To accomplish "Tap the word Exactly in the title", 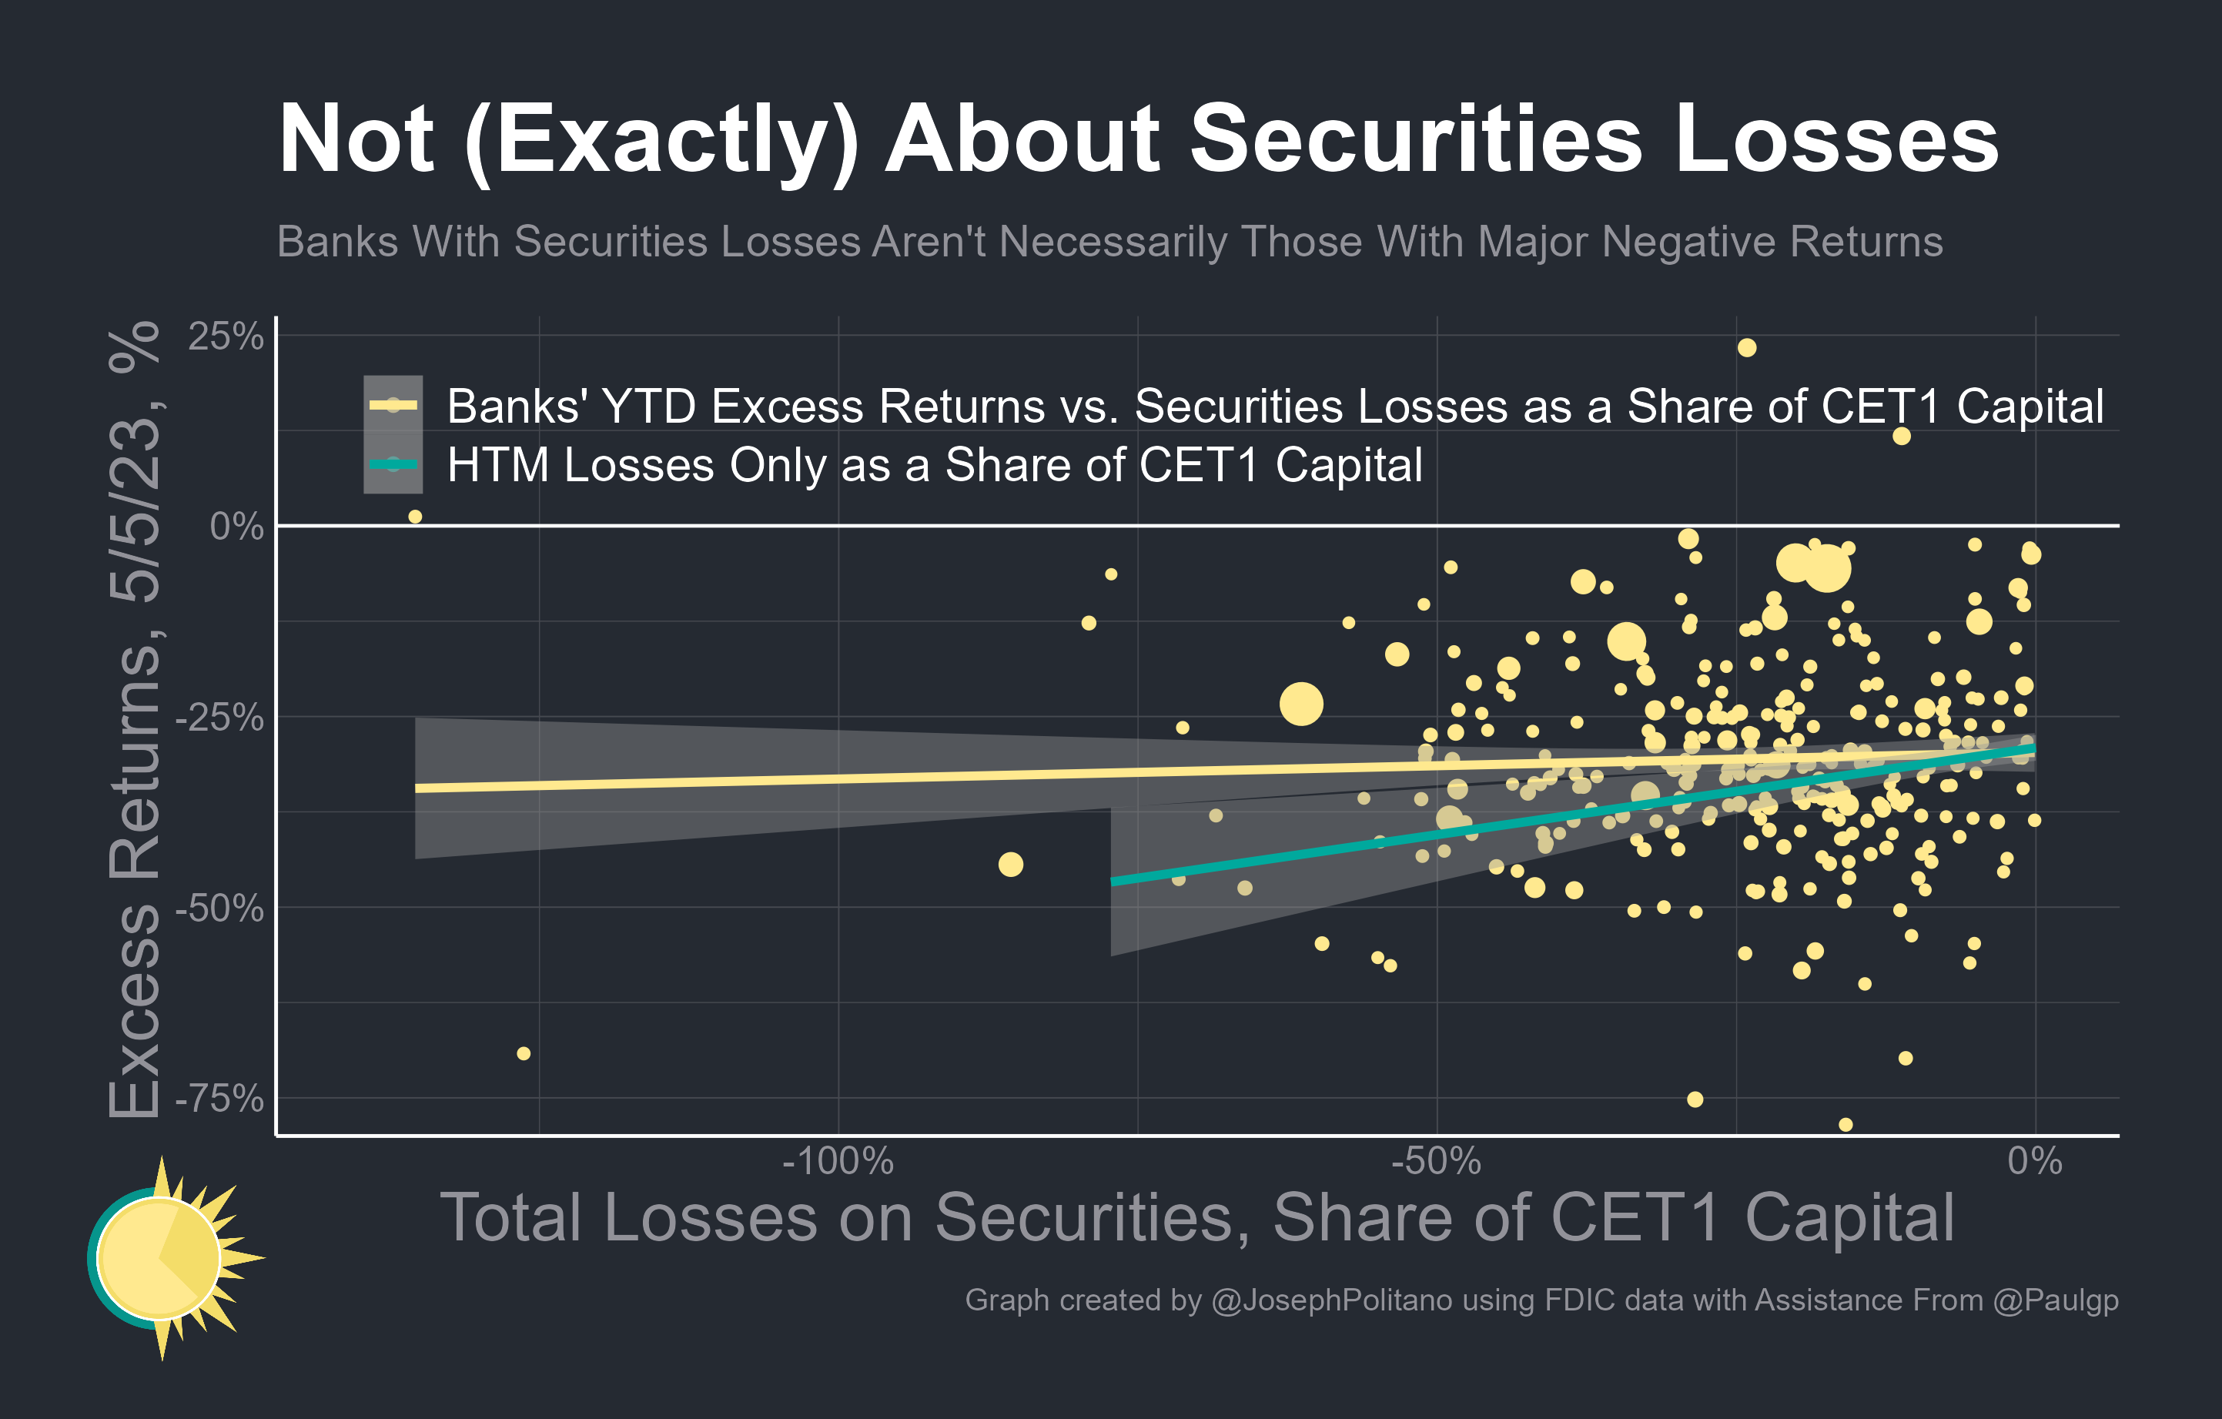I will coord(661,139).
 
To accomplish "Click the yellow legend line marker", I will coord(393,405).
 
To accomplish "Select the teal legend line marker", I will coord(393,464).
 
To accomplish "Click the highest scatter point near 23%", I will coord(1747,348).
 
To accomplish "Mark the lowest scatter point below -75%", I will coord(1846,1125).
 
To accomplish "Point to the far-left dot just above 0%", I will coord(415,517).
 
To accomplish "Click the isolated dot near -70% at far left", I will coord(524,1053).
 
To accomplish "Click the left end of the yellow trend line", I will coord(418,788).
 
